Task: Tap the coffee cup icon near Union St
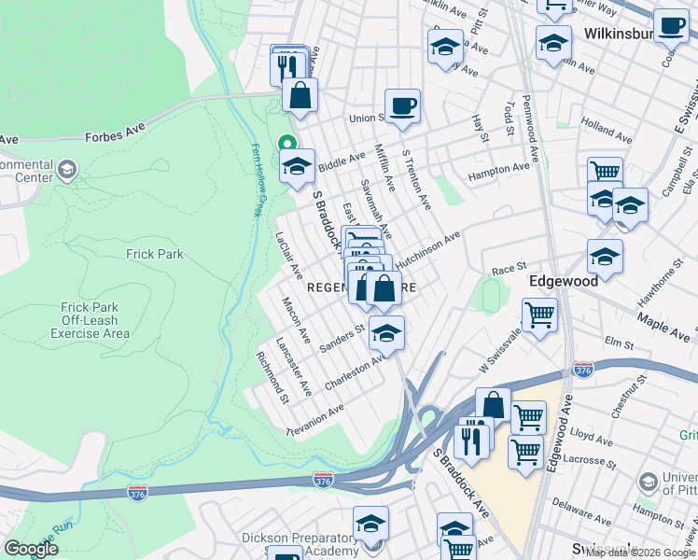(x=403, y=105)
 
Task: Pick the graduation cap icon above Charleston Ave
(x=386, y=330)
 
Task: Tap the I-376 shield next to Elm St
(x=584, y=370)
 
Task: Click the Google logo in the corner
(x=31, y=549)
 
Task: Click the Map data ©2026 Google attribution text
(x=640, y=553)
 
